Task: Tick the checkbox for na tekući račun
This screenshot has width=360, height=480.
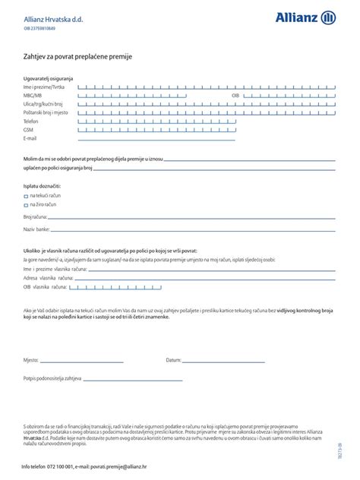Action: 26,195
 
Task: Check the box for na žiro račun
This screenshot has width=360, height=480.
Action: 26,204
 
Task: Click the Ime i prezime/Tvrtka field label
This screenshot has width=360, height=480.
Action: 44,88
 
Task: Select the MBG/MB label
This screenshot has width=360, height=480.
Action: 33,96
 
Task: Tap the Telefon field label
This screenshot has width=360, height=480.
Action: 30,121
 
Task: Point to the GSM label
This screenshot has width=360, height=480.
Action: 28,129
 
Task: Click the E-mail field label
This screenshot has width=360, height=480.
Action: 30,138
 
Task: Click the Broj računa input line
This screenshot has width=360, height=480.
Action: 190,217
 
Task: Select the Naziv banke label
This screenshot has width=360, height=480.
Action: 36,229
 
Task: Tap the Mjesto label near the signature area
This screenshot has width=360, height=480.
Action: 30,360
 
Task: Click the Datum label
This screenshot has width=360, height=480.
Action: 173,360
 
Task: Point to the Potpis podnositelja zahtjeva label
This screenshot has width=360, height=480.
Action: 52,377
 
